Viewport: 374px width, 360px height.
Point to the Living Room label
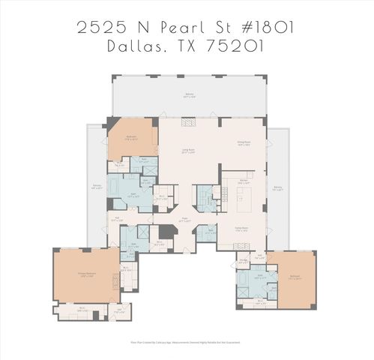pyautogui.click(x=189, y=151)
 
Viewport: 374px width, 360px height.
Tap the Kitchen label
pyautogui.click(x=243, y=181)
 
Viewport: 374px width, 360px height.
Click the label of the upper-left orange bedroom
pyautogui.click(x=131, y=137)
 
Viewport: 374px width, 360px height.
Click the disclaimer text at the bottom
pyautogui.click(x=187, y=344)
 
